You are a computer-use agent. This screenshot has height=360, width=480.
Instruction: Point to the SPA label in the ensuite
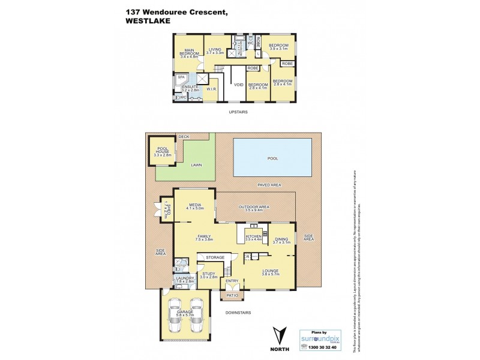pos(181,77)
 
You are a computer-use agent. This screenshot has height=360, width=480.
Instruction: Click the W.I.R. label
pos(211,90)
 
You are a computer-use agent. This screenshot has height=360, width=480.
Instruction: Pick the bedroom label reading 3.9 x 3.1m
pos(278,47)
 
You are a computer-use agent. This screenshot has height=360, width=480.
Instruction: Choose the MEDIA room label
pos(194,206)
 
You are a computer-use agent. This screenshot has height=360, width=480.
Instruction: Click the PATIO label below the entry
pos(231,296)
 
